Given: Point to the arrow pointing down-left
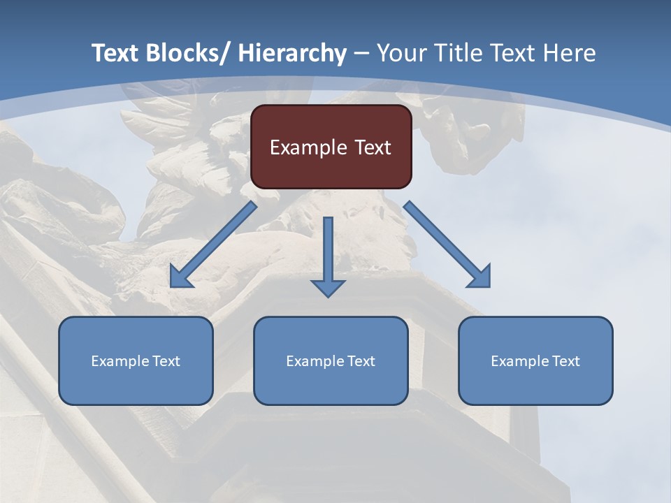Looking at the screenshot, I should coord(213,245).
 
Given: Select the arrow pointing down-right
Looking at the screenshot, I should coord(447,245).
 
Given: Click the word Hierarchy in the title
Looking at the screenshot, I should coord(292,53).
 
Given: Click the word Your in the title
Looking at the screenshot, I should coord(401,53).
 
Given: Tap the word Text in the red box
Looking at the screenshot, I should coord(371,147).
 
